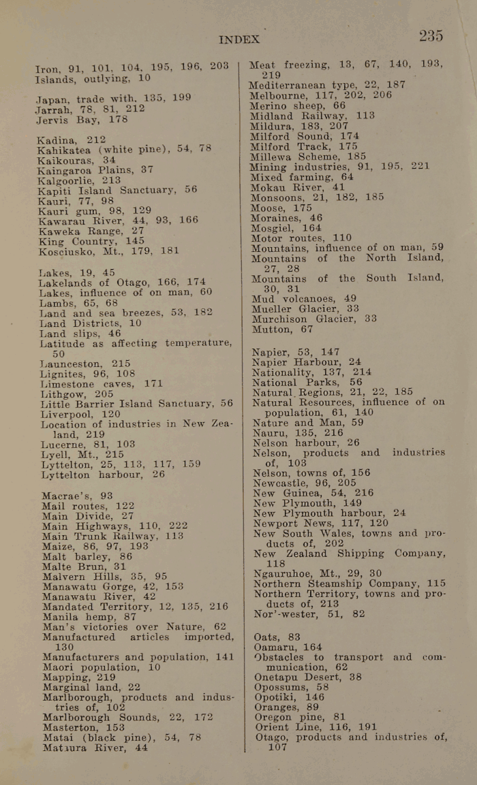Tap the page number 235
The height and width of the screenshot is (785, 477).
[x=431, y=36]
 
